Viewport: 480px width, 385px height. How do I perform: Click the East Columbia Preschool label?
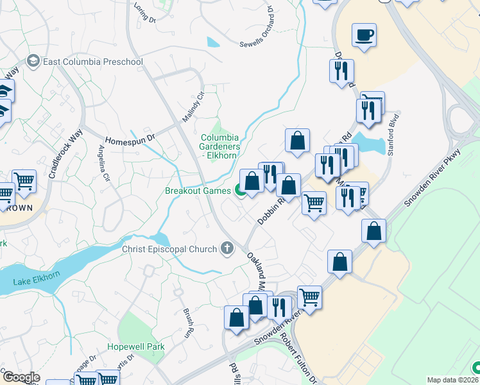click(x=92, y=62)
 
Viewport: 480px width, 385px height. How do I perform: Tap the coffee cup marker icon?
click(x=364, y=35)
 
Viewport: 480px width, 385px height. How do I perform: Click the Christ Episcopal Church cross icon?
click(x=226, y=248)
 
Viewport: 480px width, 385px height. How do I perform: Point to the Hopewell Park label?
click(x=136, y=346)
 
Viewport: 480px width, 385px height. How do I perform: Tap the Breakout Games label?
click(x=197, y=191)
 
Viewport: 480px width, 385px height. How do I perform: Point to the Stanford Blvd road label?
click(x=394, y=134)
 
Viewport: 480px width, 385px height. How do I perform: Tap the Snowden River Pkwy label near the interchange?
click(x=433, y=178)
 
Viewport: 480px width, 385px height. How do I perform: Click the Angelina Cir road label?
click(x=103, y=164)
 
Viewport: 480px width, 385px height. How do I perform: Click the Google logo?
click(x=21, y=377)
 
